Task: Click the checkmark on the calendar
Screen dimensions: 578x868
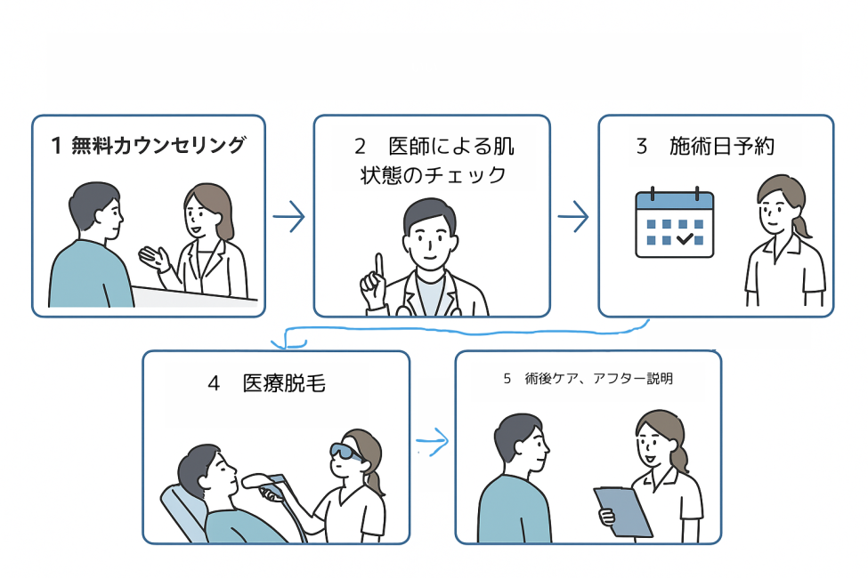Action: pyautogui.click(x=685, y=238)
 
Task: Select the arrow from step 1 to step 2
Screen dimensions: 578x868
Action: pyautogui.click(x=288, y=217)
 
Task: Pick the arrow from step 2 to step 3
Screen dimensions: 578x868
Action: pyautogui.click(x=573, y=215)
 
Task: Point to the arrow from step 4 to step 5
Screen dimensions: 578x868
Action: pyautogui.click(x=432, y=440)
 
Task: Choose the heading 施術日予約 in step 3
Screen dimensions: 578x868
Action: pyautogui.click(x=722, y=147)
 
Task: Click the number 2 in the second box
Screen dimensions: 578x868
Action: pyautogui.click(x=361, y=147)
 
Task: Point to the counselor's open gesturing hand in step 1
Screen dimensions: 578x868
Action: pyautogui.click(x=154, y=259)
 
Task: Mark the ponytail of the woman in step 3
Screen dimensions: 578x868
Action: pyautogui.click(x=802, y=225)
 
